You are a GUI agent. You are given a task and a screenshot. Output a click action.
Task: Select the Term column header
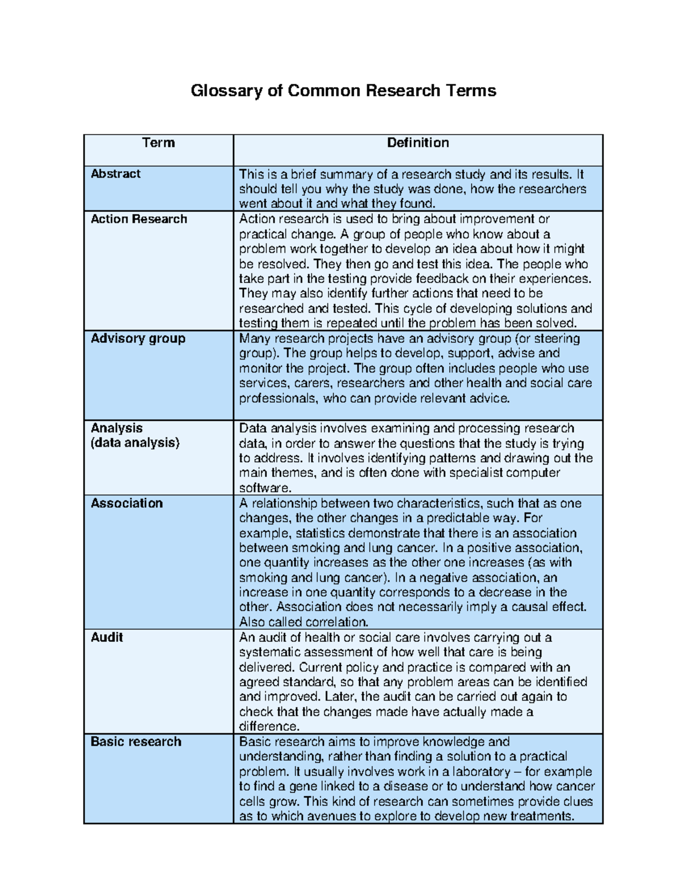coord(158,143)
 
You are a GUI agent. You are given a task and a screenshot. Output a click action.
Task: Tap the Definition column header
coord(417,143)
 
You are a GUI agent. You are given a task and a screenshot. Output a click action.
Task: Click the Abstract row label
coord(116,174)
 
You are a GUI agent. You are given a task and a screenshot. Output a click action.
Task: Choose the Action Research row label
coord(139,219)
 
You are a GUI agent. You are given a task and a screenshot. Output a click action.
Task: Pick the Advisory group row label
coord(138,338)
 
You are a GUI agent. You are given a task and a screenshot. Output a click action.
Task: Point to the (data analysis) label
coord(135,442)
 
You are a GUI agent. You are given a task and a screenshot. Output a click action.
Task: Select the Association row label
coord(127,503)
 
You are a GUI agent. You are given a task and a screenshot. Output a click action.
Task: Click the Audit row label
coord(106,637)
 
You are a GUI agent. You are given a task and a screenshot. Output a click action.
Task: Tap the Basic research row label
coord(136,741)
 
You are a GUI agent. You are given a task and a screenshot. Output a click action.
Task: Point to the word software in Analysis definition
coord(264,488)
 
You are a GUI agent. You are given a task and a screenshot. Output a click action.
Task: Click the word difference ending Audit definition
coord(268,726)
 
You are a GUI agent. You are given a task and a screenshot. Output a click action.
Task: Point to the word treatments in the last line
coord(541,816)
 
